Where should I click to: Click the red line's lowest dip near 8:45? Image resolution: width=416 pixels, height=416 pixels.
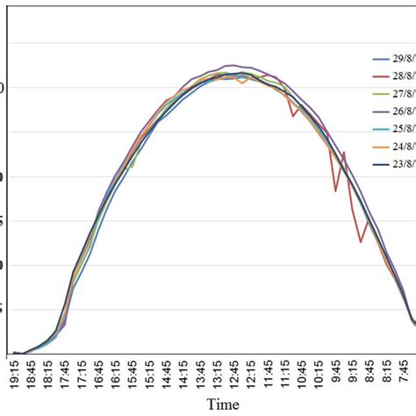coord(361,241)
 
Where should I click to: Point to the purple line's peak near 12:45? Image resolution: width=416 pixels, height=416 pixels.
coord(230,66)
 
